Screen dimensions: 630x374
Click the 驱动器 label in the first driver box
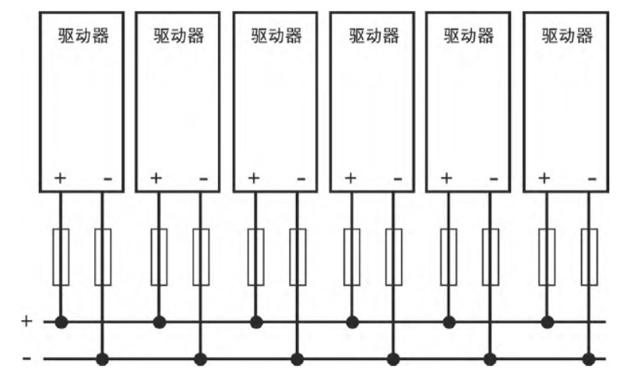click(83, 35)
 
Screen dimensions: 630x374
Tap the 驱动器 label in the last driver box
click(567, 35)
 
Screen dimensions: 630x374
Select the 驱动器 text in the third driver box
click(276, 35)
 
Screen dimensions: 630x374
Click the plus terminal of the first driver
click(60, 178)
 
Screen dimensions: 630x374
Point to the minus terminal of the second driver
click(204, 179)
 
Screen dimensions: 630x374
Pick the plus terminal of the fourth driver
click(350, 178)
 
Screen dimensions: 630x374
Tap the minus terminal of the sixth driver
click(592, 179)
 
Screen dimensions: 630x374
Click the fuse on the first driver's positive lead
click(61, 257)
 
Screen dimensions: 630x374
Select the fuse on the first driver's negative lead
click(103, 257)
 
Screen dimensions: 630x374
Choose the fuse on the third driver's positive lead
click(256, 257)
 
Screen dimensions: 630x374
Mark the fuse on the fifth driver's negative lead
click(491, 257)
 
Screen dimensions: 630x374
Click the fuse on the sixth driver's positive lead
click(547, 257)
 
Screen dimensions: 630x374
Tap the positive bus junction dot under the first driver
click(61, 322)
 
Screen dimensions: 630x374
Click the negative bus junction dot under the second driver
click(200, 358)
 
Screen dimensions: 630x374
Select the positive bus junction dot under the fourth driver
click(352, 322)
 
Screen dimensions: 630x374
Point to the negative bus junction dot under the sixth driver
click(589, 358)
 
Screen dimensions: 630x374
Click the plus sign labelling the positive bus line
click(26, 321)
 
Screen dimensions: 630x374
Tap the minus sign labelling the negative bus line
click(27, 358)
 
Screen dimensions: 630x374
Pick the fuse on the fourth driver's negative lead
click(394, 257)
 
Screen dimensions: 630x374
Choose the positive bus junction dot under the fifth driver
click(449, 322)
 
